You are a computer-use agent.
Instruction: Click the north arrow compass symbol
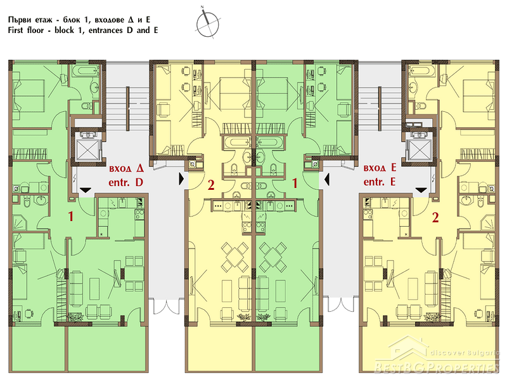click(208, 23)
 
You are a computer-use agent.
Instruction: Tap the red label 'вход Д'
click(126, 168)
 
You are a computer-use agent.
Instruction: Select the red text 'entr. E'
click(379, 182)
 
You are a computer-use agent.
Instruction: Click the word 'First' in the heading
click(17, 30)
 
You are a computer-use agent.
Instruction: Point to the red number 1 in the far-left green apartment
click(71, 217)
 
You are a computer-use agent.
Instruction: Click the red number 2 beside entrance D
click(211, 185)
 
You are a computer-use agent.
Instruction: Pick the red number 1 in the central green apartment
click(295, 184)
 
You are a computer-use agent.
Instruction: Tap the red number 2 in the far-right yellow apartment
click(435, 217)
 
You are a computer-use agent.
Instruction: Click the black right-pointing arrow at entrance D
click(181, 178)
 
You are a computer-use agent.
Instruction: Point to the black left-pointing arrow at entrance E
click(326, 178)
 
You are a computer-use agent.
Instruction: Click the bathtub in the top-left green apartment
click(85, 71)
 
